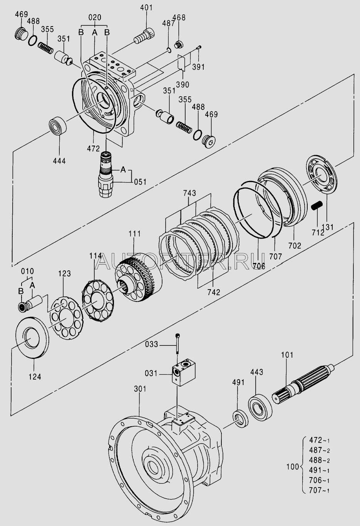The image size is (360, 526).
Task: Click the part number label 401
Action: pos(146,7)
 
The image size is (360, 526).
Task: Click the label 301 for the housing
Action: pos(140,389)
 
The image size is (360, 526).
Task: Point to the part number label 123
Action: pos(64,273)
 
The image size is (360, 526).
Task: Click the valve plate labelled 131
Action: pos(321,175)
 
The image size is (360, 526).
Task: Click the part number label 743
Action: pos(189,193)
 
